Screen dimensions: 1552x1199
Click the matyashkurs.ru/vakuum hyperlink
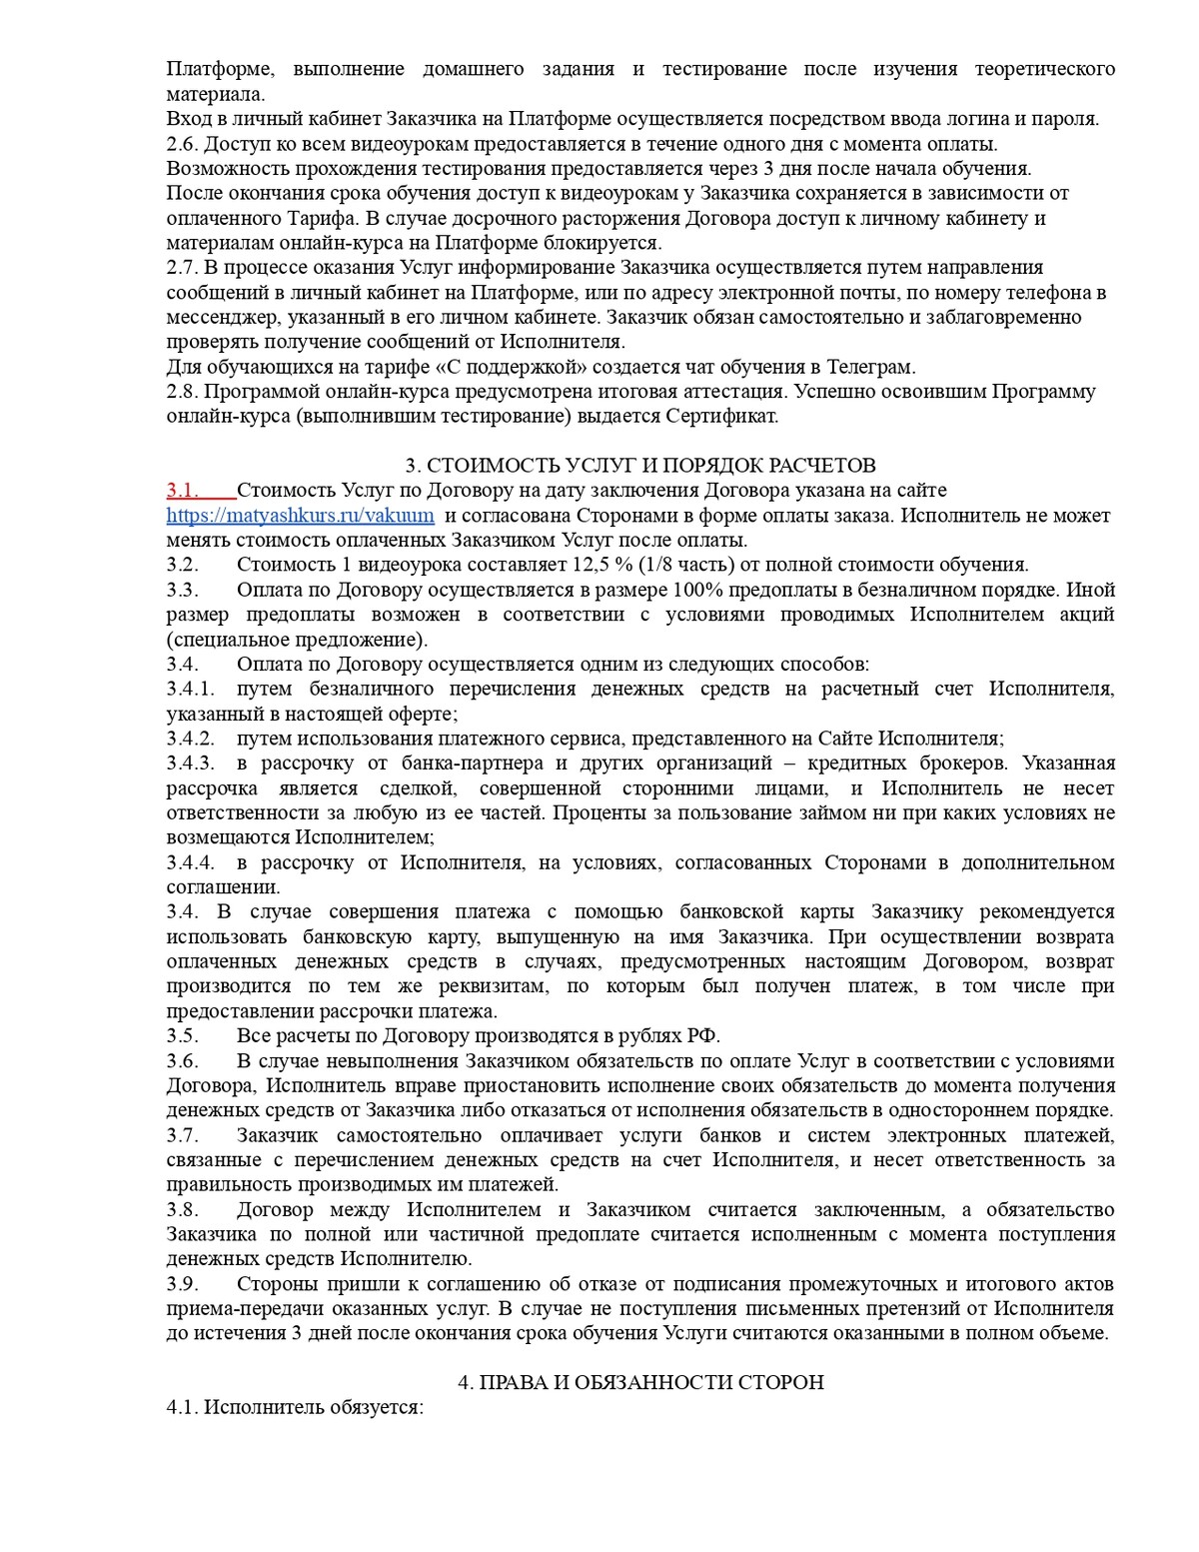pyautogui.click(x=300, y=516)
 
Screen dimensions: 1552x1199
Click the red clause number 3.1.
pyautogui.click(x=183, y=491)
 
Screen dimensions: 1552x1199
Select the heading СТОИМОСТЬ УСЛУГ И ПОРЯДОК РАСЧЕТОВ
pyautogui.click(x=640, y=466)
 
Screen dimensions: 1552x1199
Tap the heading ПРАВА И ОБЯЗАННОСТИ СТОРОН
pyautogui.click(x=640, y=1383)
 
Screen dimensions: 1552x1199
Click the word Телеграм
pyautogui.click(x=872, y=367)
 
